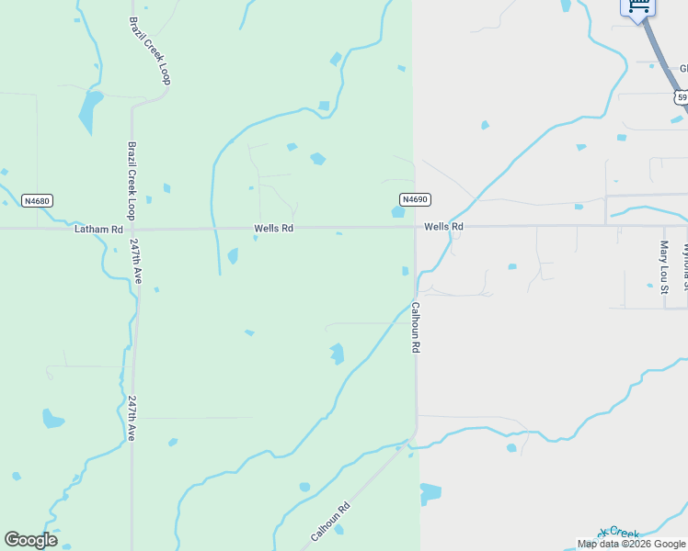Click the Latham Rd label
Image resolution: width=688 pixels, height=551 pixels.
point(98,229)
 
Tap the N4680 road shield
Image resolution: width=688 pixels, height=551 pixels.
point(37,200)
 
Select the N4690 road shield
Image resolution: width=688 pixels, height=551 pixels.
point(415,199)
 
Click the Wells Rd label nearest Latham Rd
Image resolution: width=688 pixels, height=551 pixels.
point(274,228)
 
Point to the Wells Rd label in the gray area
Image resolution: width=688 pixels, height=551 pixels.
point(443,226)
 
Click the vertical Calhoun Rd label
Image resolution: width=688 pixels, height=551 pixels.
point(416,328)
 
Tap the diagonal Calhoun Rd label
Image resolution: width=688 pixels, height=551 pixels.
point(330,521)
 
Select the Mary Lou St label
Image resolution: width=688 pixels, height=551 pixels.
point(664,267)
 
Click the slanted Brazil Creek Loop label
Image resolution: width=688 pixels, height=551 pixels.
point(150,51)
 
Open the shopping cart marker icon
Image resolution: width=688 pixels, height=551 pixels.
point(639,6)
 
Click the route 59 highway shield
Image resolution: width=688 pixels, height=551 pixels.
point(681,96)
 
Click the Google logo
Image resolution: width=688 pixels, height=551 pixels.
point(30,540)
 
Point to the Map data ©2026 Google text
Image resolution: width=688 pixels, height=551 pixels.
point(631,544)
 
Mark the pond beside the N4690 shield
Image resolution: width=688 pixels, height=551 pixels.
point(397,212)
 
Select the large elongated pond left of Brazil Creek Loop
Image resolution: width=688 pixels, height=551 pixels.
point(89,110)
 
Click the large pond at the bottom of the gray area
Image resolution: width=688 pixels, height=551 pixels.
point(430,493)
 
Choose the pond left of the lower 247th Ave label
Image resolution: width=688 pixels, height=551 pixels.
point(52,420)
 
